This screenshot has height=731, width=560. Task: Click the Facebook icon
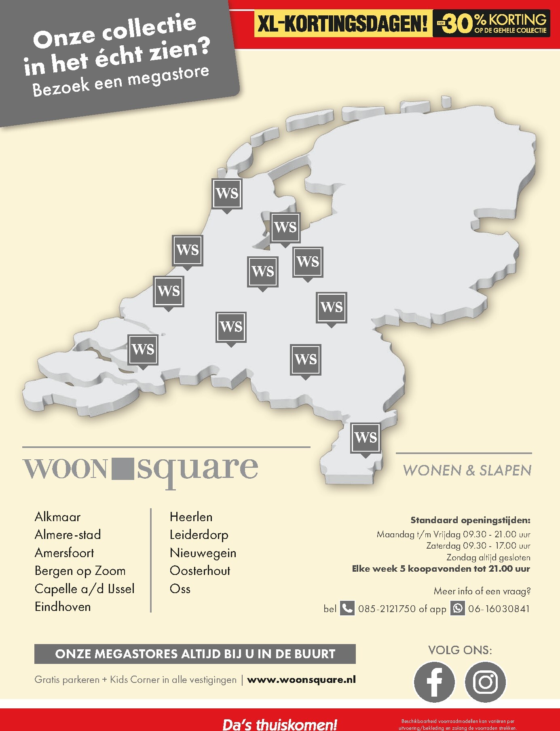(x=434, y=682)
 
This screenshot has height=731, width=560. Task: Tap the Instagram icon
(x=485, y=682)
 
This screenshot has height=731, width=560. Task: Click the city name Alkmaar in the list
(x=57, y=517)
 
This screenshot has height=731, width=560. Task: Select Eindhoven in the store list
(x=63, y=606)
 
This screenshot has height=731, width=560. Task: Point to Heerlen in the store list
(x=191, y=517)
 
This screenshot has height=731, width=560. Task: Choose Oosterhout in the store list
(x=200, y=570)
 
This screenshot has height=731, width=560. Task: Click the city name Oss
(x=180, y=589)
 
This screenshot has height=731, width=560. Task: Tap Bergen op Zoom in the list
(x=80, y=570)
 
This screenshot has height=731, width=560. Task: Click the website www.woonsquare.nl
(x=301, y=680)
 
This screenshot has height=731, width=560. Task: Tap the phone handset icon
(x=347, y=608)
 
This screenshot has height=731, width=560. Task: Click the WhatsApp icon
(x=458, y=608)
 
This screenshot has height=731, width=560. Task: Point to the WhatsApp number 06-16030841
(x=499, y=608)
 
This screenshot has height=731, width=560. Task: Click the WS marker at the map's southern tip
(x=366, y=438)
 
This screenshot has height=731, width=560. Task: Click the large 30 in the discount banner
(x=459, y=24)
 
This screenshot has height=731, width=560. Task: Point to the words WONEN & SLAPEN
(x=467, y=470)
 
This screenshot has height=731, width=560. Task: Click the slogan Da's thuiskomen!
(x=280, y=724)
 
